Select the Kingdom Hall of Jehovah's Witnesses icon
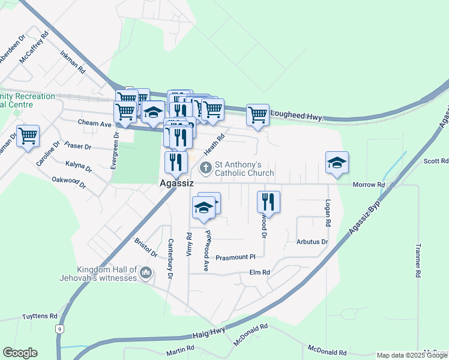coord(145,274)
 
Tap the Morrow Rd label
coord(368,184)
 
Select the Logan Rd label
coord(328,213)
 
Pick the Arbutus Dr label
coord(312,242)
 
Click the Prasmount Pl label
coord(236,257)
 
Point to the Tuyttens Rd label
coord(40,316)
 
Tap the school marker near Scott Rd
coord(337,162)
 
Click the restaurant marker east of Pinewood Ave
coord(269,202)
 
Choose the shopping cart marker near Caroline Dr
coord(28,136)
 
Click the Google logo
coord(19,353)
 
